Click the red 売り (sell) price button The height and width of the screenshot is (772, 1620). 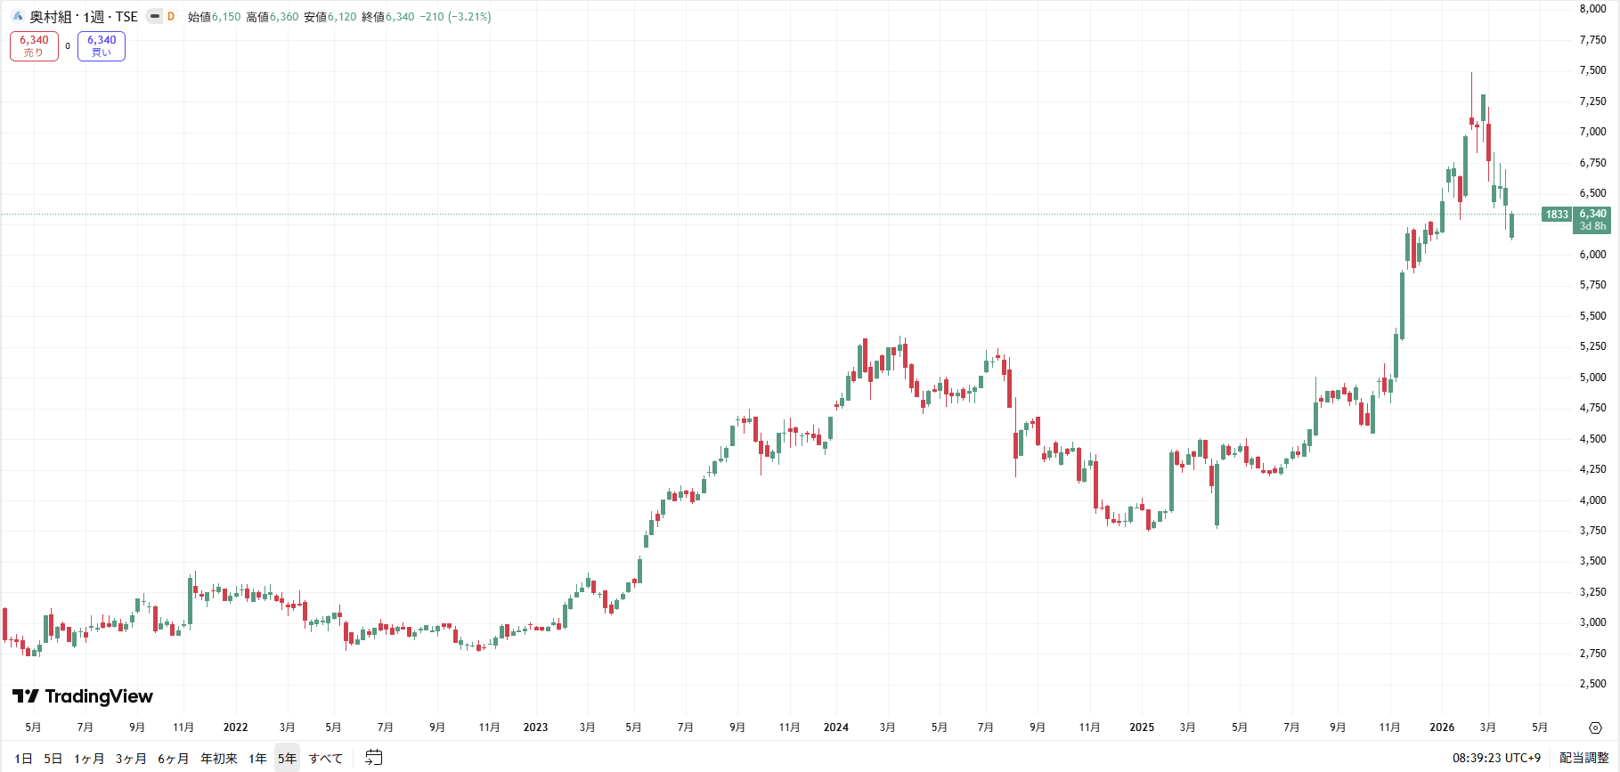click(x=34, y=45)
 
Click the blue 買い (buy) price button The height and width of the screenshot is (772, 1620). click(x=102, y=45)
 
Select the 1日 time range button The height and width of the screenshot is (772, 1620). click(x=23, y=759)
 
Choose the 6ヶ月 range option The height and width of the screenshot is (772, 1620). click(x=173, y=759)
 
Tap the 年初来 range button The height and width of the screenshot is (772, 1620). click(x=219, y=759)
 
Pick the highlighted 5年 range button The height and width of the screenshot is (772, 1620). click(x=287, y=759)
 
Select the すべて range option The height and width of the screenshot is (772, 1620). click(x=326, y=759)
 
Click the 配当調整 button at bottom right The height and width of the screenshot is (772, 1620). click(x=1583, y=758)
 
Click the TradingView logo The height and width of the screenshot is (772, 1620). click(x=83, y=696)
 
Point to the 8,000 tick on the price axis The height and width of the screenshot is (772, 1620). click(x=1592, y=9)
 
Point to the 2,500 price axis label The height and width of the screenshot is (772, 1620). click(x=1592, y=684)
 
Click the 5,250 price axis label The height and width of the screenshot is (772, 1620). click(x=1592, y=346)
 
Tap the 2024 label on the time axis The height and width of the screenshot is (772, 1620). click(x=835, y=727)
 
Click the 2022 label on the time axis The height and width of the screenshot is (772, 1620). click(x=235, y=727)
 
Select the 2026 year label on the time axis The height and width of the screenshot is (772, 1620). click(x=1442, y=727)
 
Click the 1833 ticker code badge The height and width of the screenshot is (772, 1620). click(x=1557, y=215)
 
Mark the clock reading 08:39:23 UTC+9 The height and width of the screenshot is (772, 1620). click(x=1496, y=758)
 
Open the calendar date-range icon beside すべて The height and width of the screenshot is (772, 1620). click(x=374, y=758)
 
